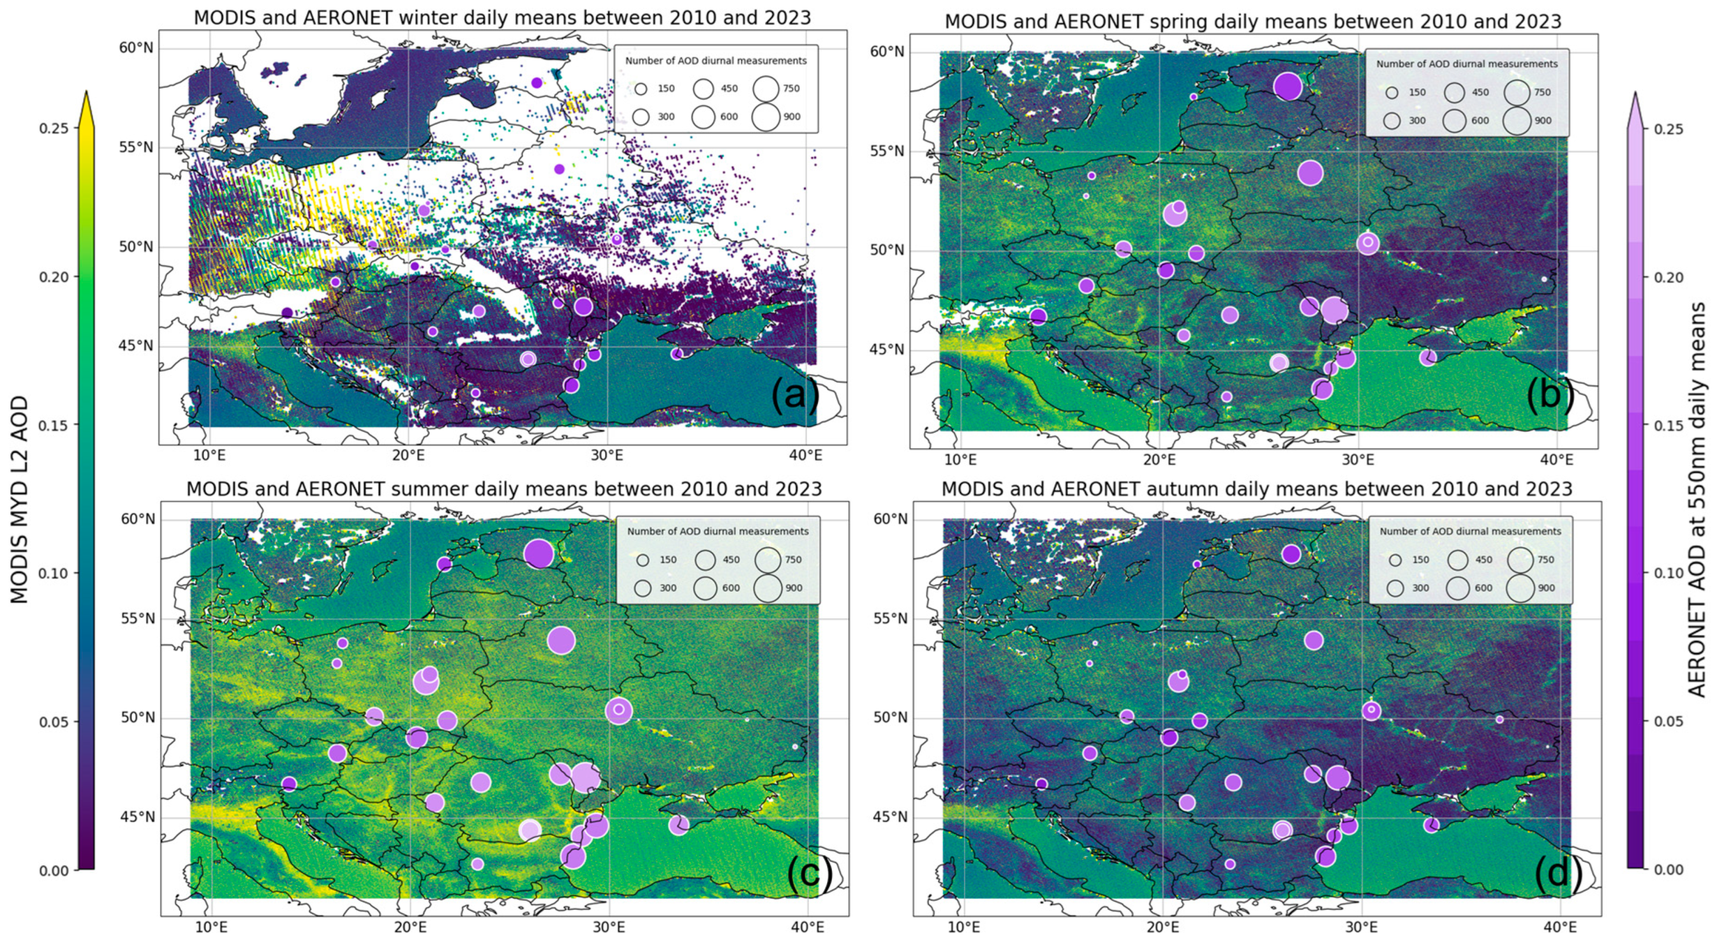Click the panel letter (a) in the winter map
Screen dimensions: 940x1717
click(794, 397)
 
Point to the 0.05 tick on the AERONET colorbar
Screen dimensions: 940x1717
click(1669, 721)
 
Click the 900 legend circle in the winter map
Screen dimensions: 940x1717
click(766, 117)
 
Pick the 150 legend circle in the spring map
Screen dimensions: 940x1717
click(1392, 92)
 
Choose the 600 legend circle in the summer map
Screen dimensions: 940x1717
click(705, 588)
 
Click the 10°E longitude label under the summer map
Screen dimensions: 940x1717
click(211, 927)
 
